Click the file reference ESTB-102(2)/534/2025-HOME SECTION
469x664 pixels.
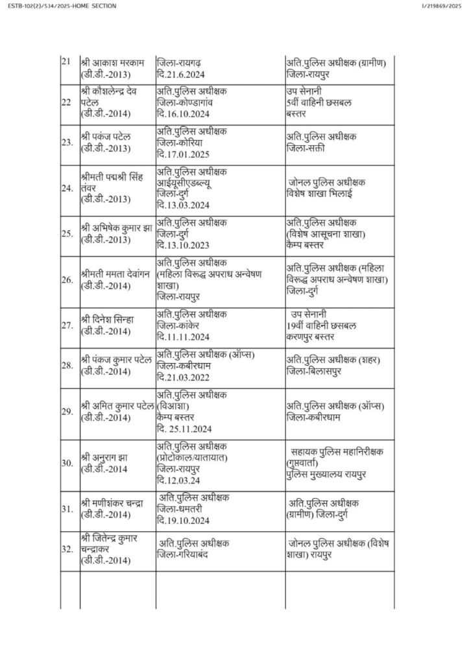click(59, 6)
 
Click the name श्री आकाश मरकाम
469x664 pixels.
click(109, 63)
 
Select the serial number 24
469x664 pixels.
click(67, 189)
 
